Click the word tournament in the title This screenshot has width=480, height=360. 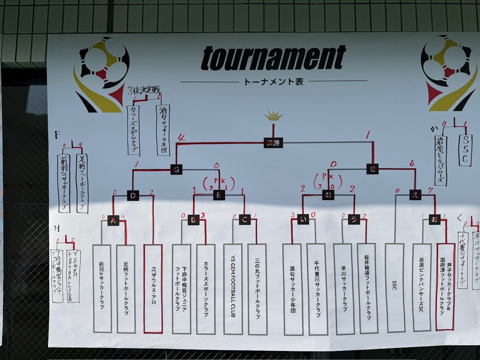(x=273, y=58)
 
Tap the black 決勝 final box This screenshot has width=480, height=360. (x=273, y=142)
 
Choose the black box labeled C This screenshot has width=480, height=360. (x=244, y=220)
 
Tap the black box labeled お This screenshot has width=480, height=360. (x=328, y=194)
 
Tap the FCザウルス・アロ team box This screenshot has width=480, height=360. (x=153, y=288)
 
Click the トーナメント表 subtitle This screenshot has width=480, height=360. (x=273, y=82)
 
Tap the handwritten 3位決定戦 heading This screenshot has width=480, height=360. (x=144, y=90)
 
